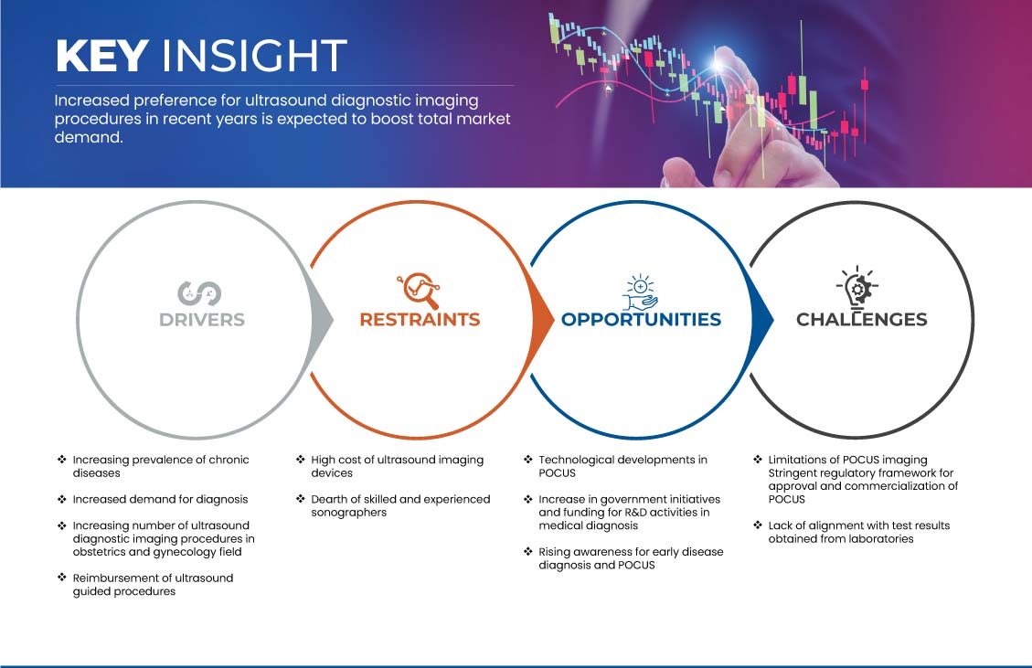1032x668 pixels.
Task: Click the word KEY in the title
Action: point(101,55)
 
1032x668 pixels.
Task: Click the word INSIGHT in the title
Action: point(254,55)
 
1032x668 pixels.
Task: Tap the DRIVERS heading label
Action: point(202,320)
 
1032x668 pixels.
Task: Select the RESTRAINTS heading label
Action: point(420,320)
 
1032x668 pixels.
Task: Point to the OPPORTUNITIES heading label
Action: point(641,320)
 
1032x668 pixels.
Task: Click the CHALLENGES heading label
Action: point(862,320)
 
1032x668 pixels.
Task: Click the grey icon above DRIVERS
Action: point(199,293)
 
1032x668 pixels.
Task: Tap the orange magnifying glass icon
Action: point(419,291)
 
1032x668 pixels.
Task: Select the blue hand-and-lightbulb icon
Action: point(641,292)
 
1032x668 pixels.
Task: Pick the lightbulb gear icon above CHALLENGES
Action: point(857,288)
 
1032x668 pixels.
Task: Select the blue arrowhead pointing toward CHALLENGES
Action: point(762,321)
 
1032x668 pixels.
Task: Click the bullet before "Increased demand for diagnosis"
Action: point(62,499)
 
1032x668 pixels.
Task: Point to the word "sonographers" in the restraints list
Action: point(349,513)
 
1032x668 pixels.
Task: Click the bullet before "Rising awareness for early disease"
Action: point(527,552)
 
